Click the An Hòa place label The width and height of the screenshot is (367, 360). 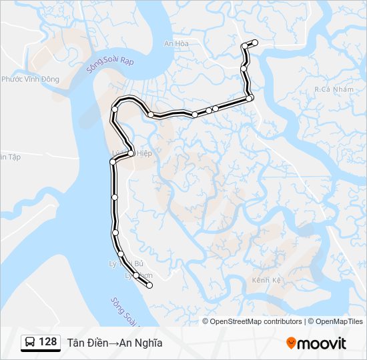(x=177, y=44)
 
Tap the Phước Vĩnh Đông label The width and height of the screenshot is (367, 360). (x=30, y=79)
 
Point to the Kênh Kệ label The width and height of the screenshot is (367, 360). (x=266, y=280)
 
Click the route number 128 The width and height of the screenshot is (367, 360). (x=48, y=342)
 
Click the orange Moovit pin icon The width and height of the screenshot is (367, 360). (x=292, y=343)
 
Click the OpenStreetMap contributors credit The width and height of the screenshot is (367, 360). (x=256, y=321)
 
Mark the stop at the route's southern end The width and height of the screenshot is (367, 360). (x=149, y=285)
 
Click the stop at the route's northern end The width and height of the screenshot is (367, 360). (x=255, y=43)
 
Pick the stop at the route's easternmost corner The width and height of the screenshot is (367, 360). (x=250, y=99)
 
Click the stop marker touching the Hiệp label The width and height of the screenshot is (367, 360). (x=131, y=153)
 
